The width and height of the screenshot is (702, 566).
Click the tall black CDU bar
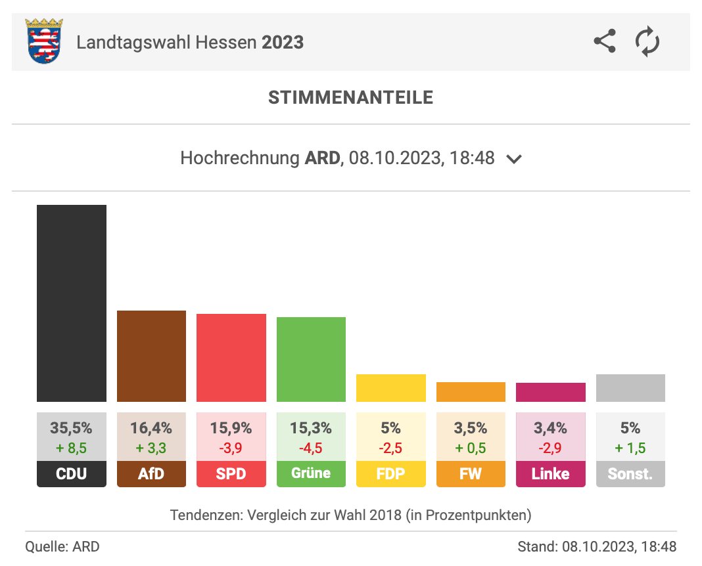[x=71, y=303]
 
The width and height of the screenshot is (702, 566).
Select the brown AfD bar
[x=151, y=355]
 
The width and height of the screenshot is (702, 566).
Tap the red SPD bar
[x=231, y=357]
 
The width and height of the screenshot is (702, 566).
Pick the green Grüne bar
[x=311, y=359]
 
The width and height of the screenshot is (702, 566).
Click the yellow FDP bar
[x=390, y=387]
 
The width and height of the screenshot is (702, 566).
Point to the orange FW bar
[x=471, y=391]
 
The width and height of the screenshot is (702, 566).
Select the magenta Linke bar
[x=550, y=392]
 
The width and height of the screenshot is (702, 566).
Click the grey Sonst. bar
[x=630, y=387]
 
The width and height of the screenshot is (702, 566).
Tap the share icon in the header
[x=604, y=42]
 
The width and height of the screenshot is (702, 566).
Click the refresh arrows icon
[x=647, y=42]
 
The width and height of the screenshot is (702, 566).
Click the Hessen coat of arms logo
[x=43, y=42]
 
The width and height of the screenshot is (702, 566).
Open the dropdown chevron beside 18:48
[x=514, y=159]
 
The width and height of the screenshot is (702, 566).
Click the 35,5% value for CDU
[x=71, y=428]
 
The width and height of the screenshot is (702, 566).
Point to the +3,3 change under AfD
[x=151, y=448]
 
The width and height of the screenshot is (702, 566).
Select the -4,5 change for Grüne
[x=311, y=448]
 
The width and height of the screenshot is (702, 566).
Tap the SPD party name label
[x=231, y=473]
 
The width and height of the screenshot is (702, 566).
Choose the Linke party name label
[x=550, y=473]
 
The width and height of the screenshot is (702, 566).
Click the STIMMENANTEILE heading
[x=350, y=98]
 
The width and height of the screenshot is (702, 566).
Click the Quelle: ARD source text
[x=62, y=546]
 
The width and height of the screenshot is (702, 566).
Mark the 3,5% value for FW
[x=471, y=428]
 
